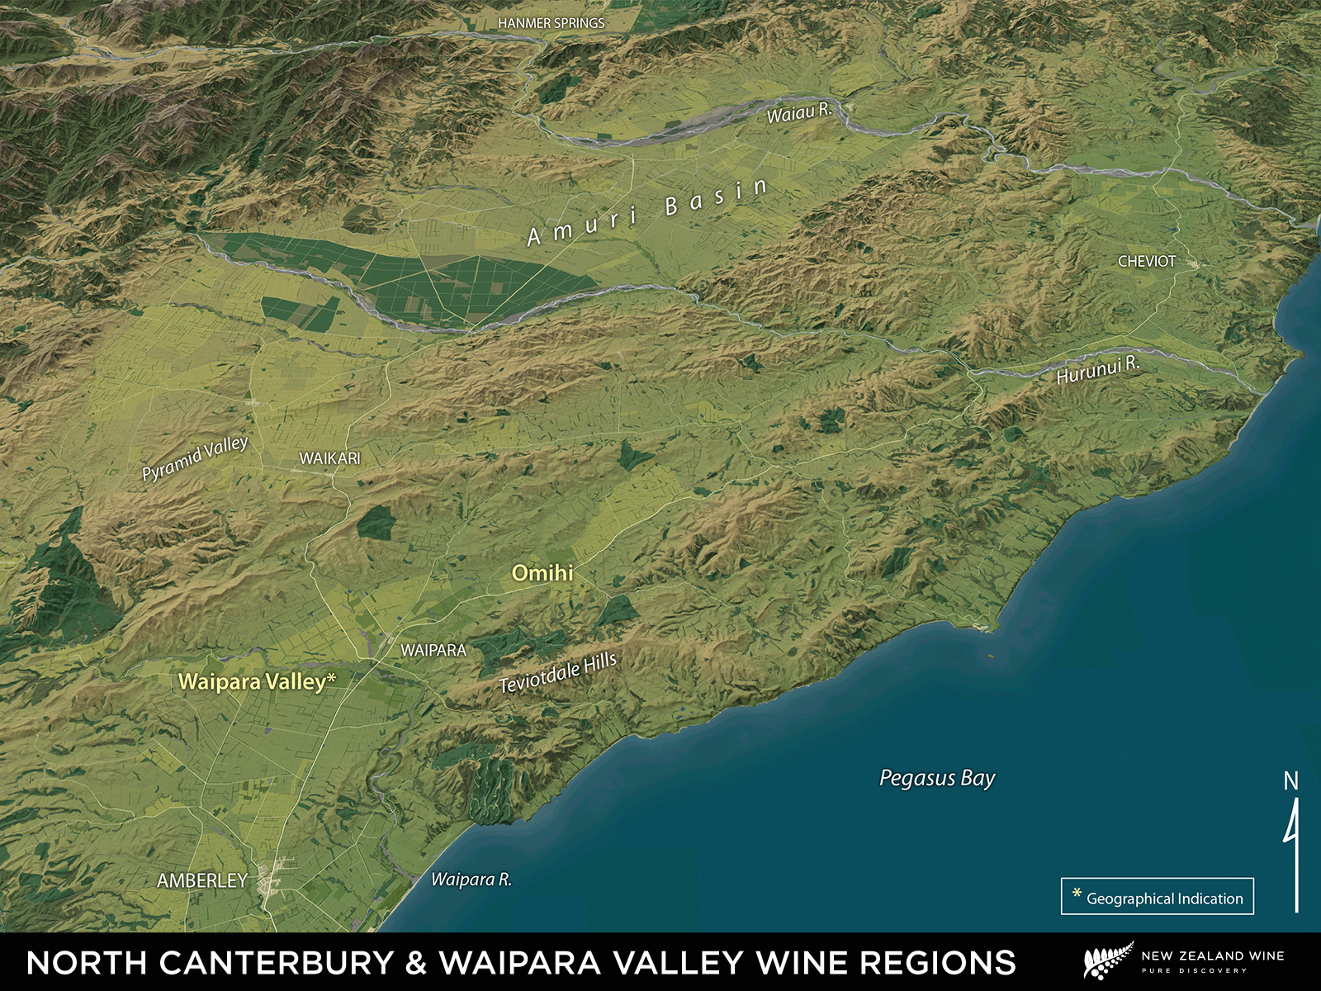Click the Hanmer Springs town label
click(551, 23)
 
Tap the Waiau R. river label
click(798, 112)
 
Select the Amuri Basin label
click(648, 211)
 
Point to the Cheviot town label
click(1146, 261)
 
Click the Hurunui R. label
click(1097, 370)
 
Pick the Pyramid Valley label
click(195, 458)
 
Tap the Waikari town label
click(329, 458)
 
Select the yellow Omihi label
click(542, 572)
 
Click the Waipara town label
click(433, 651)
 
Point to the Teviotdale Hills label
click(558, 672)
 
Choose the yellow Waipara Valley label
click(252, 682)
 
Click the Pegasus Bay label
click(937, 778)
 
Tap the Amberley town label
click(202, 881)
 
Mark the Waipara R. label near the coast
click(471, 880)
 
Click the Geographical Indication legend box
click(1157, 897)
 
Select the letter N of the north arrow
click(1290, 780)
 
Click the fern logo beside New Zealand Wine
click(1106, 962)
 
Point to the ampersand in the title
click(416, 963)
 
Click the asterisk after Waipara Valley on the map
click(332, 679)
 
